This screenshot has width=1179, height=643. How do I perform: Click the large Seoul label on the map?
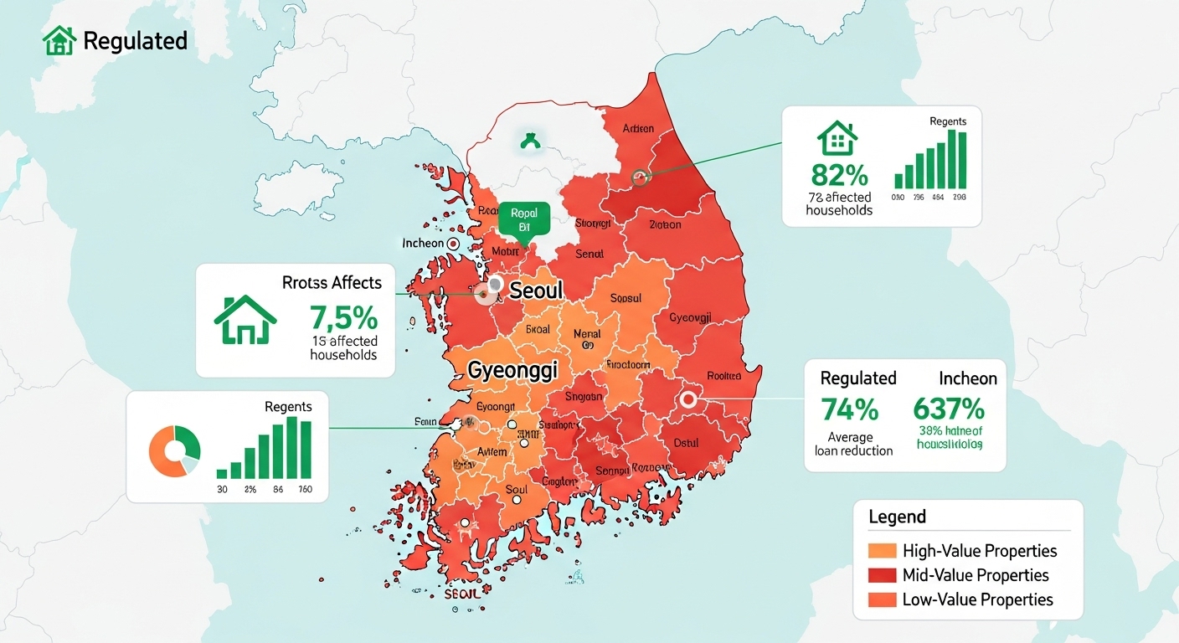(x=536, y=291)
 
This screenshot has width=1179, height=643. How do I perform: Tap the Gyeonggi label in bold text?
(x=501, y=370)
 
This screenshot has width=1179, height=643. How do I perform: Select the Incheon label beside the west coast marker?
(x=423, y=244)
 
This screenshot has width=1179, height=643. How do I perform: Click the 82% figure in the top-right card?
(x=840, y=175)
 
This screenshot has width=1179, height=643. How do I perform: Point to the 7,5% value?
(x=343, y=318)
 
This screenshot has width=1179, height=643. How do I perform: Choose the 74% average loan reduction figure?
(x=849, y=409)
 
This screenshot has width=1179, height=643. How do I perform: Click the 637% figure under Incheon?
(x=948, y=409)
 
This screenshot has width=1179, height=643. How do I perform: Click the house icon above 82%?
(x=838, y=138)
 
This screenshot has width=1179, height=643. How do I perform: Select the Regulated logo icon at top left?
(x=59, y=40)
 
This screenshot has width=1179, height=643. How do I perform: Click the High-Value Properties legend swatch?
(x=883, y=551)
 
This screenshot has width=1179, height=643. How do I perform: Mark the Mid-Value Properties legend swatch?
(x=883, y=575)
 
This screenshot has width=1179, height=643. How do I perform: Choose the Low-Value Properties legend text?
(x=977, y=599)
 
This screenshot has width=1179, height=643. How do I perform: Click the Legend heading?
(x=897, y=517)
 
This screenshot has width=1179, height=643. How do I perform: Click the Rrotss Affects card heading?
(x=332, y=283)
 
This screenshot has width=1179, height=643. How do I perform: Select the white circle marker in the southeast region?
(x=689, y=400)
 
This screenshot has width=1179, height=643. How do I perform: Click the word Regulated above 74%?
(x=858, y=378)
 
